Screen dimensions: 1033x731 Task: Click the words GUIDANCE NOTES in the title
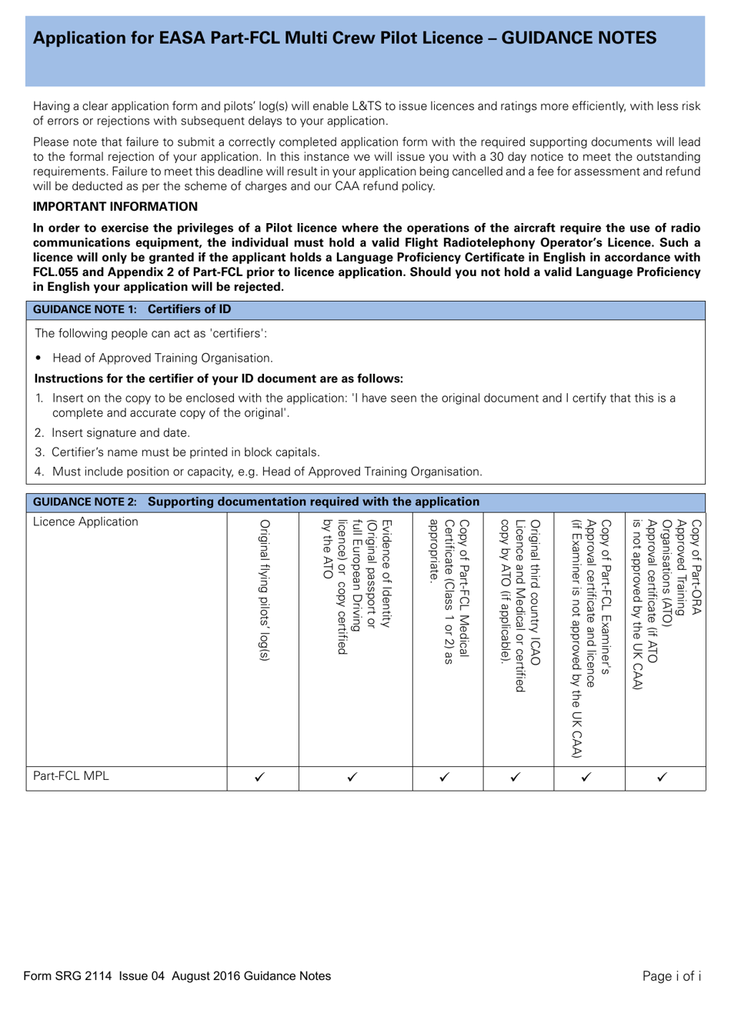(x=579, y=38)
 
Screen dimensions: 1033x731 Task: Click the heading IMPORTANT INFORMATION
(x=115, y=207)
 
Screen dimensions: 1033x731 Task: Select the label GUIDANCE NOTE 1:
(x=85, y=310)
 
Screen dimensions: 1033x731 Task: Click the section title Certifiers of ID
(x=189, y=310)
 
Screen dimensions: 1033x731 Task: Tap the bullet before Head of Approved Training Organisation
(x=38, y=358)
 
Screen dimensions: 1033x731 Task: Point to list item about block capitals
(x=185, y=452)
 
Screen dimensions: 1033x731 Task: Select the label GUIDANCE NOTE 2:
(x=85, y=502)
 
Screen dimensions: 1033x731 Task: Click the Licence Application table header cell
(x=85, y=522)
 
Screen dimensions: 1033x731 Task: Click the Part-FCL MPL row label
(x=71, y=776)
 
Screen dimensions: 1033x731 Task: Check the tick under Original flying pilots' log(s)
(x=260, y=777)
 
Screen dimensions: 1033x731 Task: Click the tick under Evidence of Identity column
(x=352, y=777)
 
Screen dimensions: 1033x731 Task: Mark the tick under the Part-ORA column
(x=663, y=777)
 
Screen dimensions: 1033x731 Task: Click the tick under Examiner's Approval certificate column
(x=586, y=777)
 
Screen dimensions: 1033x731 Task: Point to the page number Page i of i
(x=671, y=976)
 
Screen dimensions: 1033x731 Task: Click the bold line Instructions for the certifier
(x=219, y=379)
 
